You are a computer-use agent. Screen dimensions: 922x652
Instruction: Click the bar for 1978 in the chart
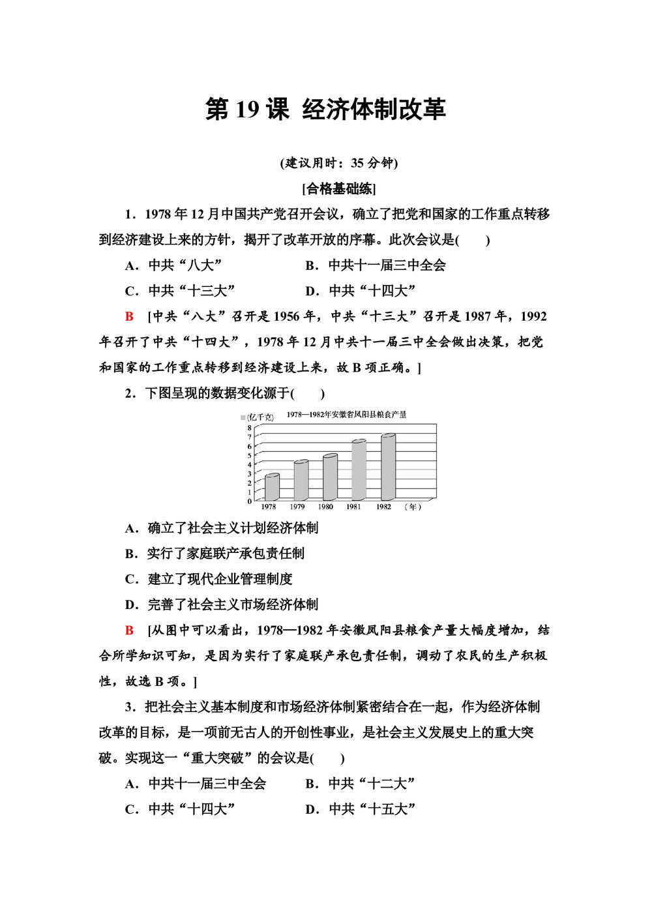(x=272, y=487)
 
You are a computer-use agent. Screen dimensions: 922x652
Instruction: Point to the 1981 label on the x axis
(x=353, y=507)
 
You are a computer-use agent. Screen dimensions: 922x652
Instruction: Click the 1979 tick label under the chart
(x=297, y=507)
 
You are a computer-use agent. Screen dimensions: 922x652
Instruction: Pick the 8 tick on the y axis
(x=249, y=428)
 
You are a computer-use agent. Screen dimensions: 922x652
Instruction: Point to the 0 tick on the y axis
(x=249, y=501)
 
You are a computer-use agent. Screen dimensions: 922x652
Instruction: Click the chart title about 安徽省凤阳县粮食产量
(x=346, y=415)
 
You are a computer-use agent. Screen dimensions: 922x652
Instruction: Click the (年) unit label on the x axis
(x=413, y=507)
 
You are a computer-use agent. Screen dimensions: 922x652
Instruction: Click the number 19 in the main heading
(x=247, y=110)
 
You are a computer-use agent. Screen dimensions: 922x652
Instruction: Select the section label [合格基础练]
(x=339, y=189)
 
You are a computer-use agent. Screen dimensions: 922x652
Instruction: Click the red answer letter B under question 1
(x=129, y=317)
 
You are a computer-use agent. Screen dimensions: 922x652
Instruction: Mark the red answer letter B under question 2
(x=129, y=631)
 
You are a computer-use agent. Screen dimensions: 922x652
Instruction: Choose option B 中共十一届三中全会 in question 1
(x=376, y=265)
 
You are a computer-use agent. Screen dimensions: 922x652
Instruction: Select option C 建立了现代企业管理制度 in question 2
(x=209, y=579)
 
